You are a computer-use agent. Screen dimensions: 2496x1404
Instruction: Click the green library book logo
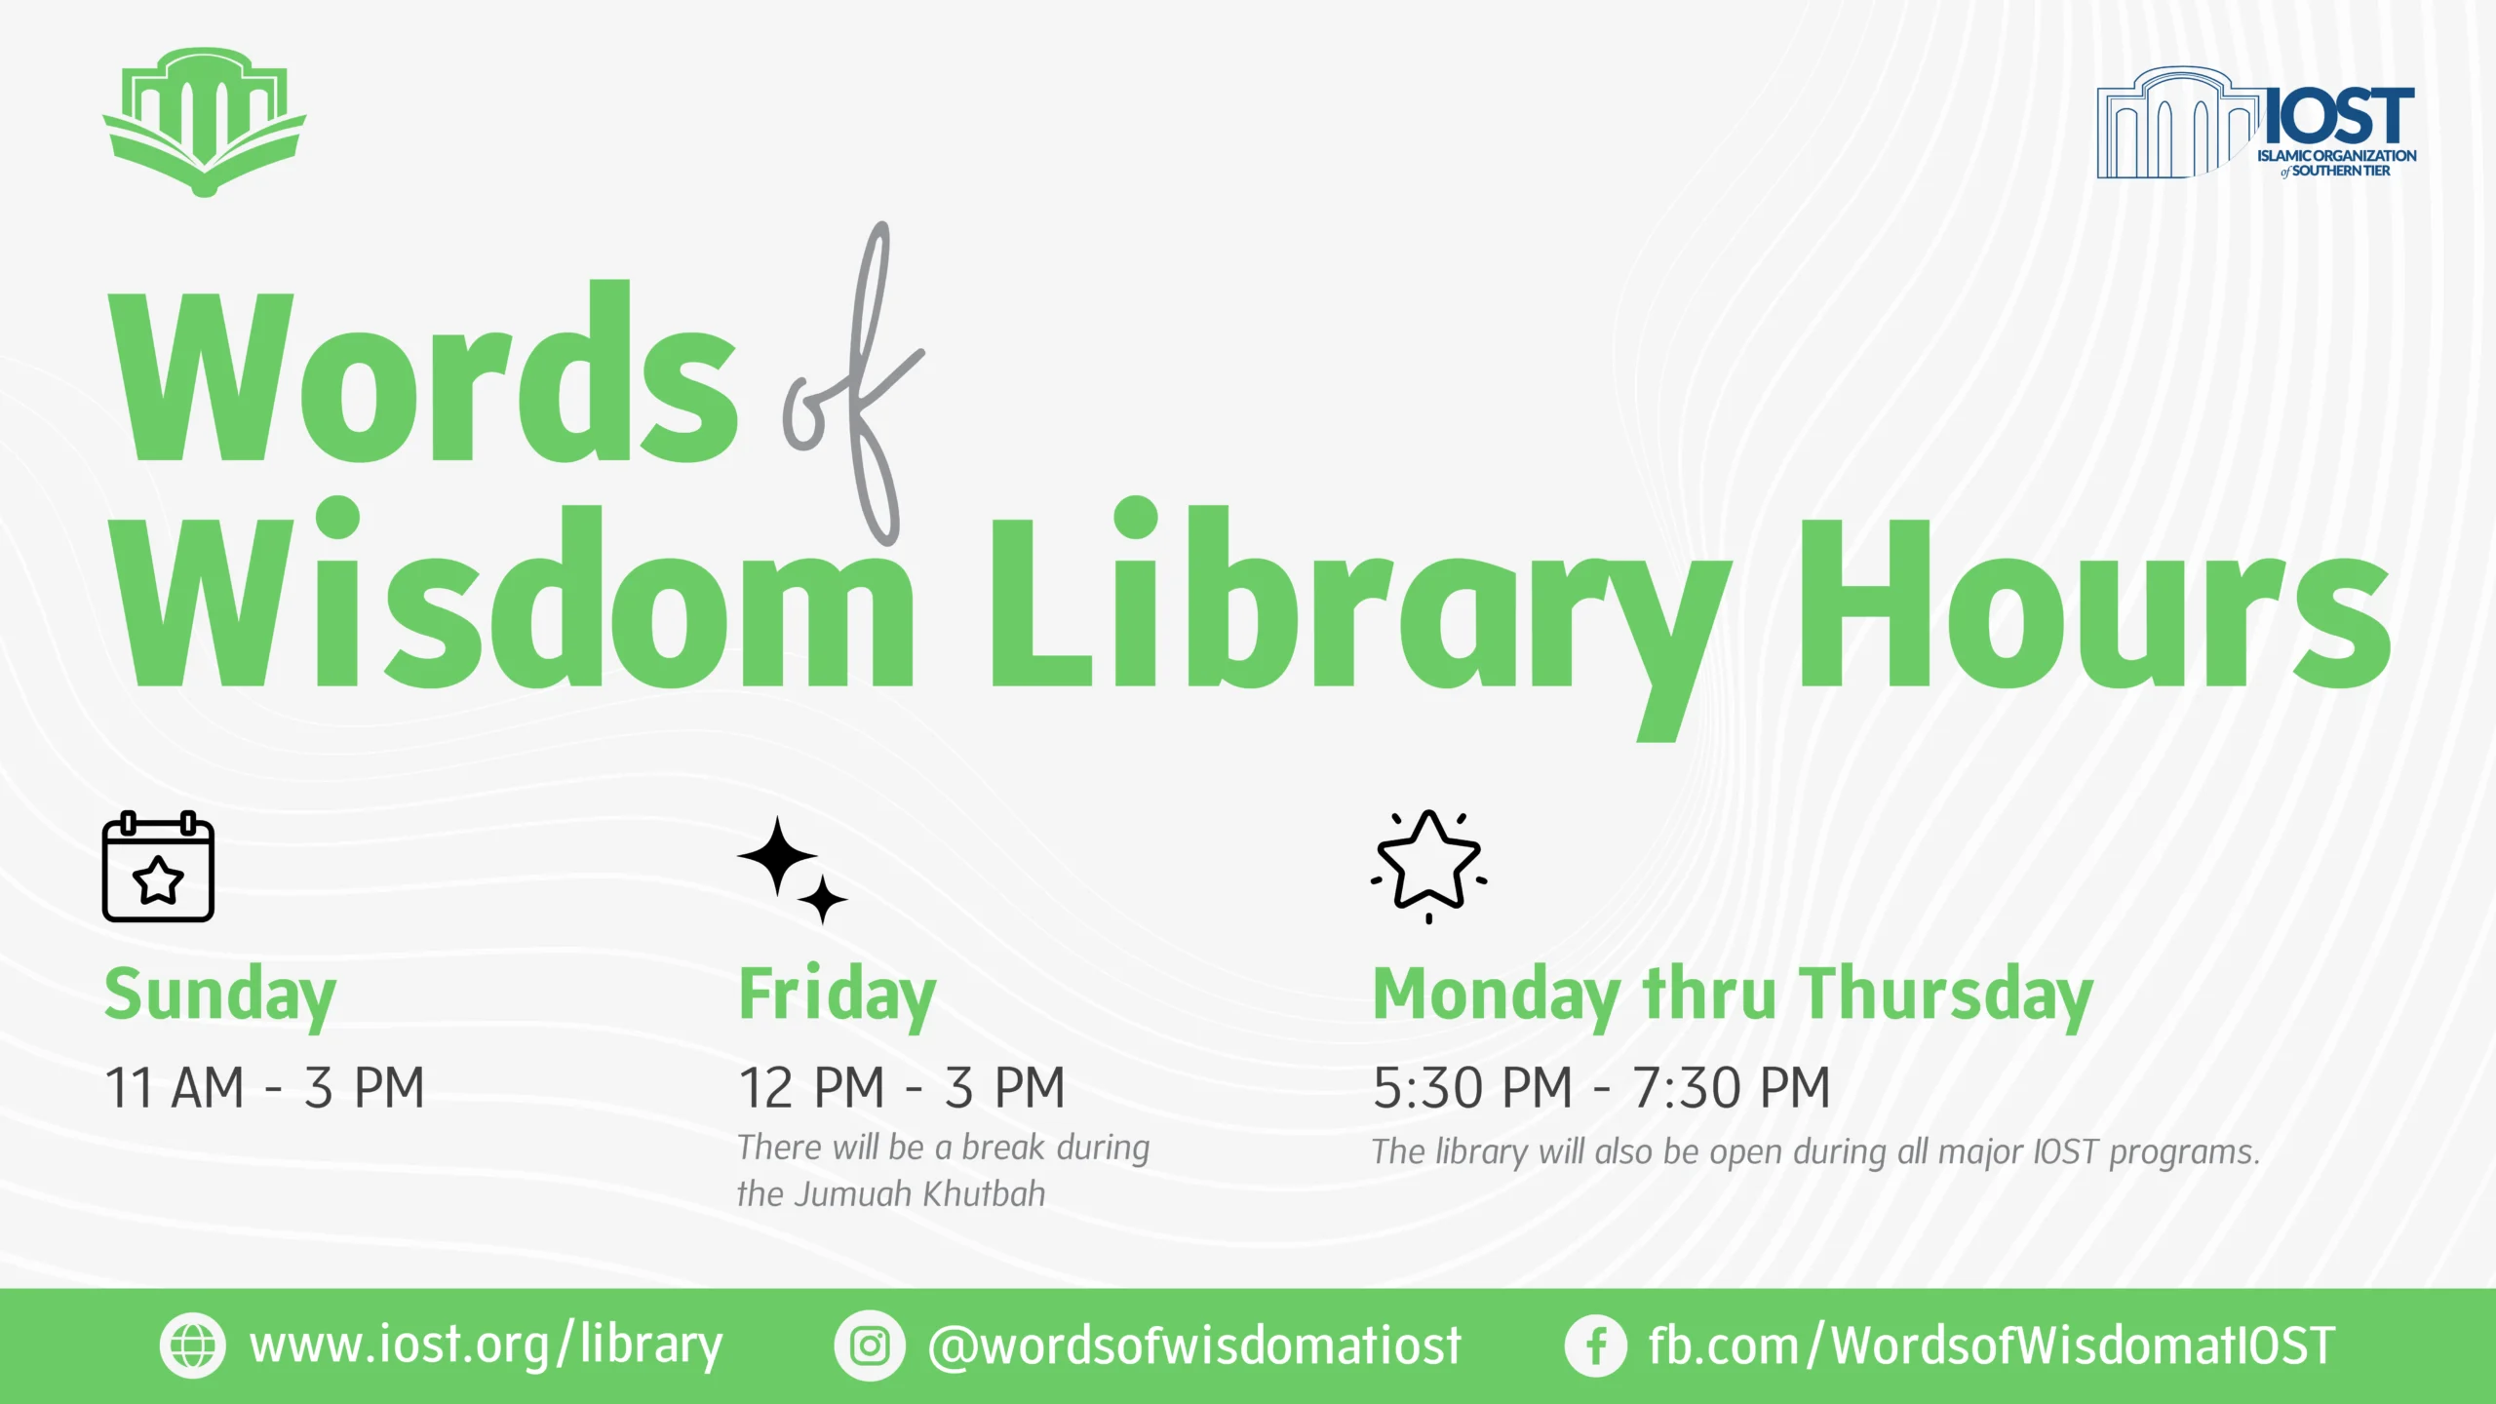click(205, 122)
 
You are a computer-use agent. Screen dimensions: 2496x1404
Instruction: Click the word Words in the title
click(423, 370)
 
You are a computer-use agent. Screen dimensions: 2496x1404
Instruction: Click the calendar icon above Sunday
click(158, 866)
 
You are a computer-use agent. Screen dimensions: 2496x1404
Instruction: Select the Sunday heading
click(220, 995)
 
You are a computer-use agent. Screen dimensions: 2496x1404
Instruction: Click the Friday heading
click(838, 995)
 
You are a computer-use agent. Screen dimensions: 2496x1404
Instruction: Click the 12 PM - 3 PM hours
click(902, 1087)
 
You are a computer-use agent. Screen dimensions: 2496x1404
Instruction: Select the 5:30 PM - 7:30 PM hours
click(1602, 1087)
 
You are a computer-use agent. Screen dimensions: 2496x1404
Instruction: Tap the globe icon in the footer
click(192, 1345)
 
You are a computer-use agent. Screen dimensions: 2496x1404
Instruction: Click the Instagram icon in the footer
click(869, 1345)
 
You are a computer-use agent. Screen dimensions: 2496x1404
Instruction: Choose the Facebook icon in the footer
click(1595, 1345)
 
